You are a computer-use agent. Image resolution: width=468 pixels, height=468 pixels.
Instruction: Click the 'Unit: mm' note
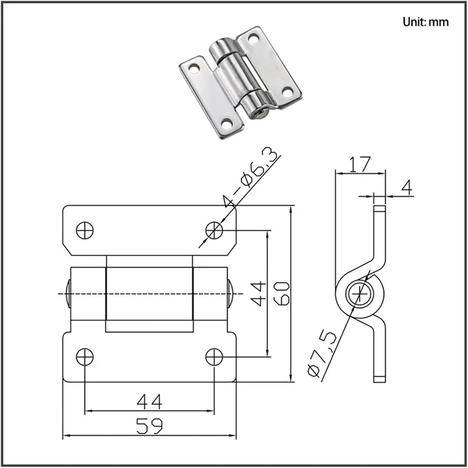point(425,22)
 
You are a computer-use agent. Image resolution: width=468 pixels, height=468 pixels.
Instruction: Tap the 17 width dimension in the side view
point(360,164)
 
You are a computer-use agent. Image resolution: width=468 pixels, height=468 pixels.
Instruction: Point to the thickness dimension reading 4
point(407,187)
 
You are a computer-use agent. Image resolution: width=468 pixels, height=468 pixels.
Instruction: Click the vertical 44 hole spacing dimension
point(258,294)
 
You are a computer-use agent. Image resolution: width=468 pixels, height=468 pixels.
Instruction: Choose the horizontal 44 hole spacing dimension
point(149,402)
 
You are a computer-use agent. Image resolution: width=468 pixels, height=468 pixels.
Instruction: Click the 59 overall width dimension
point(149,426)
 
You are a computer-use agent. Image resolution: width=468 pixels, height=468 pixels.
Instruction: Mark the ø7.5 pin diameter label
point(322,354)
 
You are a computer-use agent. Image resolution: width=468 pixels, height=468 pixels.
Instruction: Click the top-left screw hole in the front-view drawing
point(85,230)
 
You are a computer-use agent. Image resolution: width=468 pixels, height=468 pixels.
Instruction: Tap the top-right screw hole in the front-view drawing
point(214,230)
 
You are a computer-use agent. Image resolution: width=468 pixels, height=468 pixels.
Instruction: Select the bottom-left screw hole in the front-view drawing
point(85,357)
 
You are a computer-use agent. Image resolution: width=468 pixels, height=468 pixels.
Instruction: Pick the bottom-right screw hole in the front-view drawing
point(214,357)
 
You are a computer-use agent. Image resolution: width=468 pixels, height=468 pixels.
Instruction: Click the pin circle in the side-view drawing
point(360,294)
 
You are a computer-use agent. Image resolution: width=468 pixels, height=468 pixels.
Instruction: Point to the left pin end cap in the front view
point(68,294)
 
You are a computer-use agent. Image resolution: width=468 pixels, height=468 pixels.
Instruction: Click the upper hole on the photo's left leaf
point(194,68)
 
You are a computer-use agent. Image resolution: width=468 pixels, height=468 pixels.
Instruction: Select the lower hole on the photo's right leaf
point(287,91)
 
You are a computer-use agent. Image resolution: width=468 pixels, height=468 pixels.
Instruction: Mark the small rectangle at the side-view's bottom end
point(379,379)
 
